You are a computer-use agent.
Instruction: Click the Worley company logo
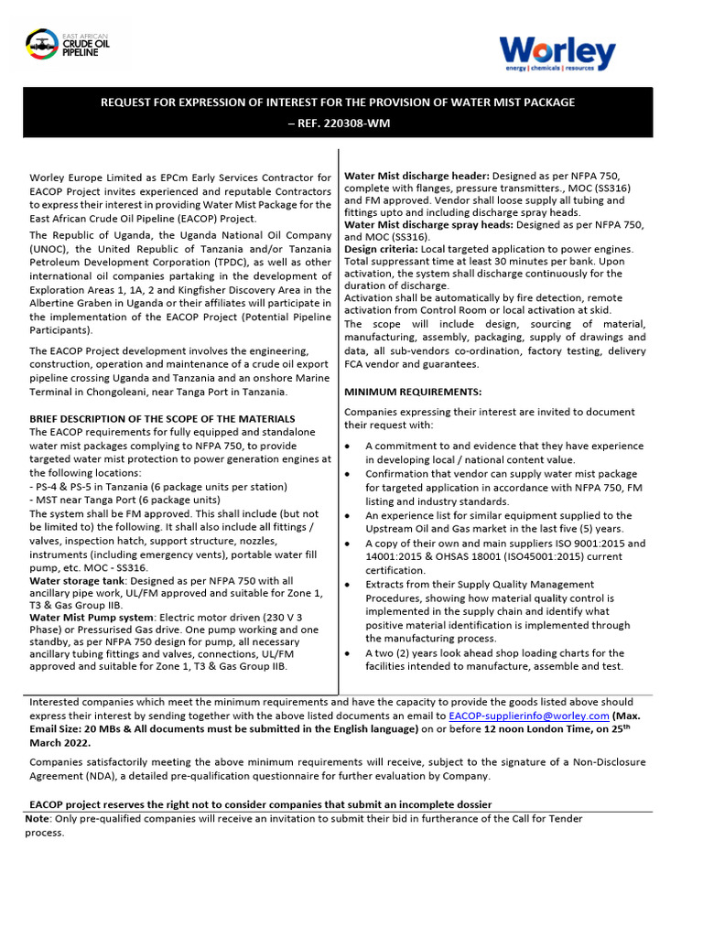557,54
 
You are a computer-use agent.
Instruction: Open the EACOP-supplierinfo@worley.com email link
529,716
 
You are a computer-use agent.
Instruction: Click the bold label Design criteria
380,249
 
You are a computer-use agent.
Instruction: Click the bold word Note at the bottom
38,819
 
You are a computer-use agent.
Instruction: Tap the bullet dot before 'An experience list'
350,516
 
